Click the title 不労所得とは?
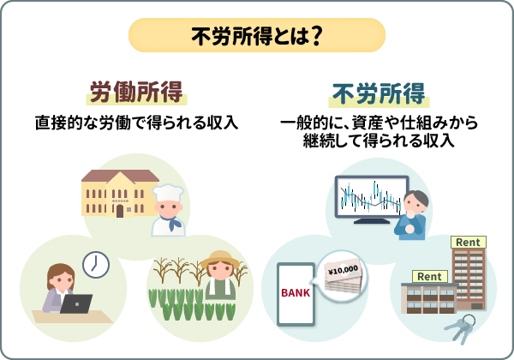(x=256, y=35)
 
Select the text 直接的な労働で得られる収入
(x=136, y=123)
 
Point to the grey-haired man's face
(x=416, y=204)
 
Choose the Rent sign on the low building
(x=430, y=276)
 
